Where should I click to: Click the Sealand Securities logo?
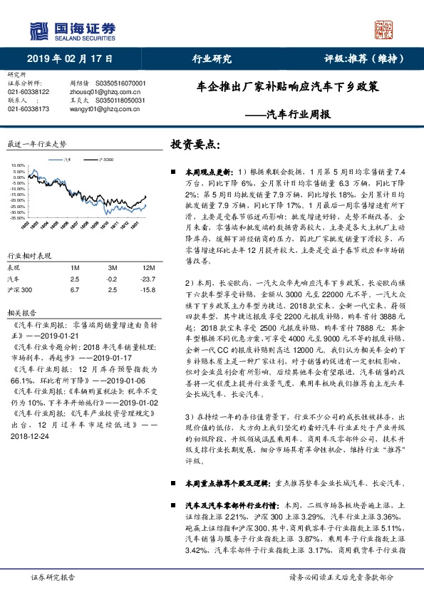(x=72, y=30)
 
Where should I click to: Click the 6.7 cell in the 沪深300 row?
(x=74, y=289)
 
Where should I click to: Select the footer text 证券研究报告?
(x=48, y=578)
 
